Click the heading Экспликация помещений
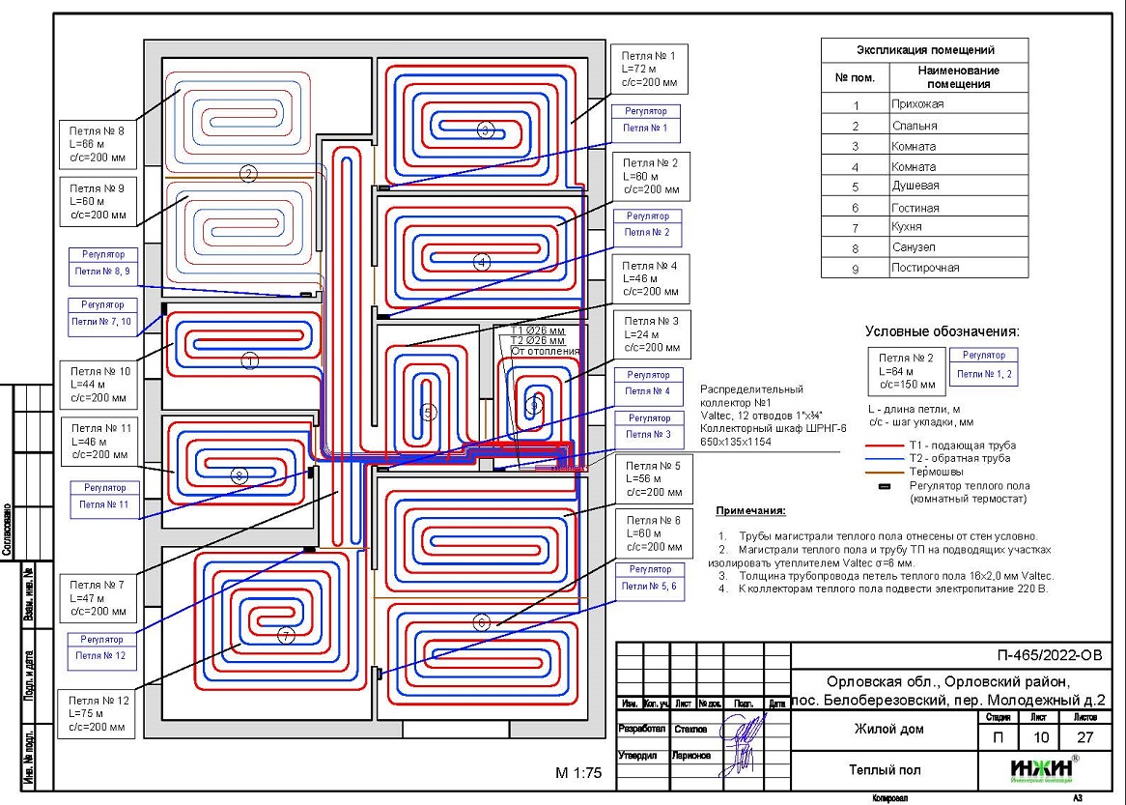click(925, 50)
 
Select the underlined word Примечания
click(751, 510)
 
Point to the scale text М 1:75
click(578, 773)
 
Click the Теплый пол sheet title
click(884, 770)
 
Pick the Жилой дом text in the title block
click(884, 729)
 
